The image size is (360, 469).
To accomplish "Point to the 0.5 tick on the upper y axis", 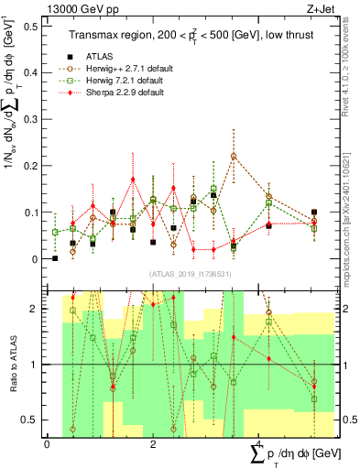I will pos(33,26).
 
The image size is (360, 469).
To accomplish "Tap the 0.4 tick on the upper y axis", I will pos(33,72).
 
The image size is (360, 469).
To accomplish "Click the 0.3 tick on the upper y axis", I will pos(33,119).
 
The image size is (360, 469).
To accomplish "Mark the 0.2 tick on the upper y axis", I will pos(33,166).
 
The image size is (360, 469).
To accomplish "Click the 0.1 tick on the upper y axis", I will pos(33,213).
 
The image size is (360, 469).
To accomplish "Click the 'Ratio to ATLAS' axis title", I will pos(10,363).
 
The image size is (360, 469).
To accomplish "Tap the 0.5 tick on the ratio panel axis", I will pos(33,420).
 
